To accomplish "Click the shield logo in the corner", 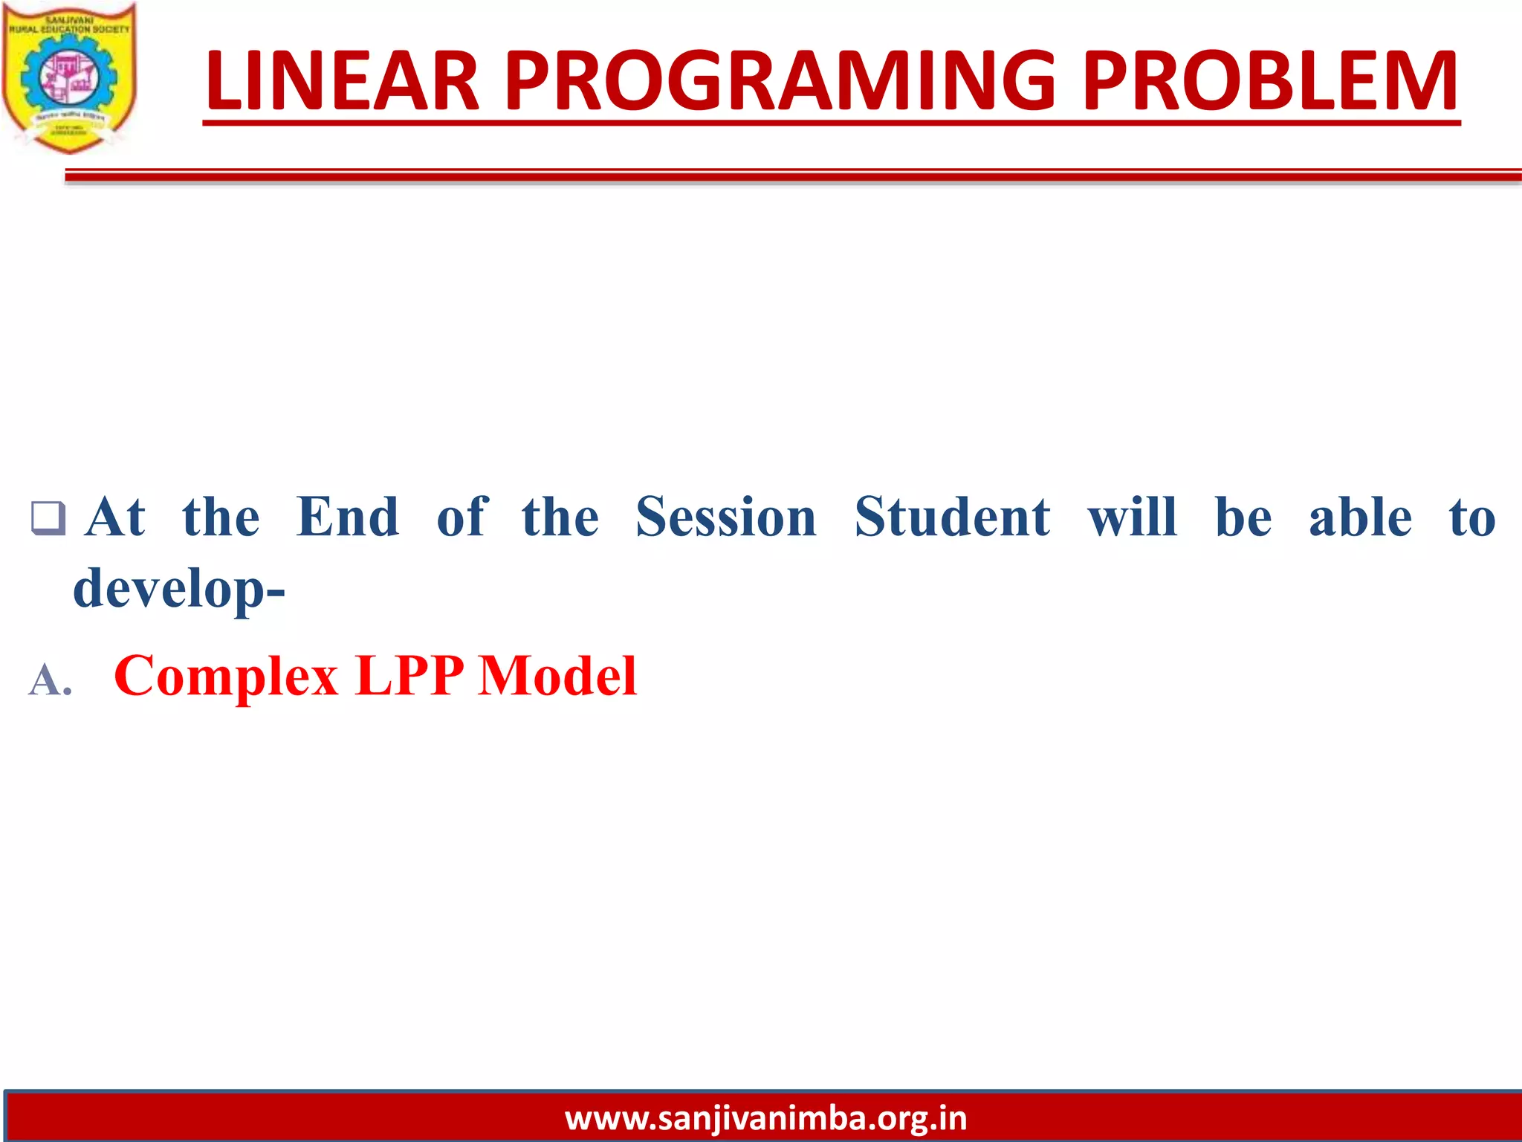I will click(69, 77).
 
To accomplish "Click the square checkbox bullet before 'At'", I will click(48, 518).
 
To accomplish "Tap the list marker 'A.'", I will click(51, 680).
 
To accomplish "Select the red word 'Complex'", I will click(227, 676).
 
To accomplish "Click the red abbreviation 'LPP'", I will click(409, 676).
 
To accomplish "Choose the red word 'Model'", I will click(557, 676).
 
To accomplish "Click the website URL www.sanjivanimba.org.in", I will click(765, 1118).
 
